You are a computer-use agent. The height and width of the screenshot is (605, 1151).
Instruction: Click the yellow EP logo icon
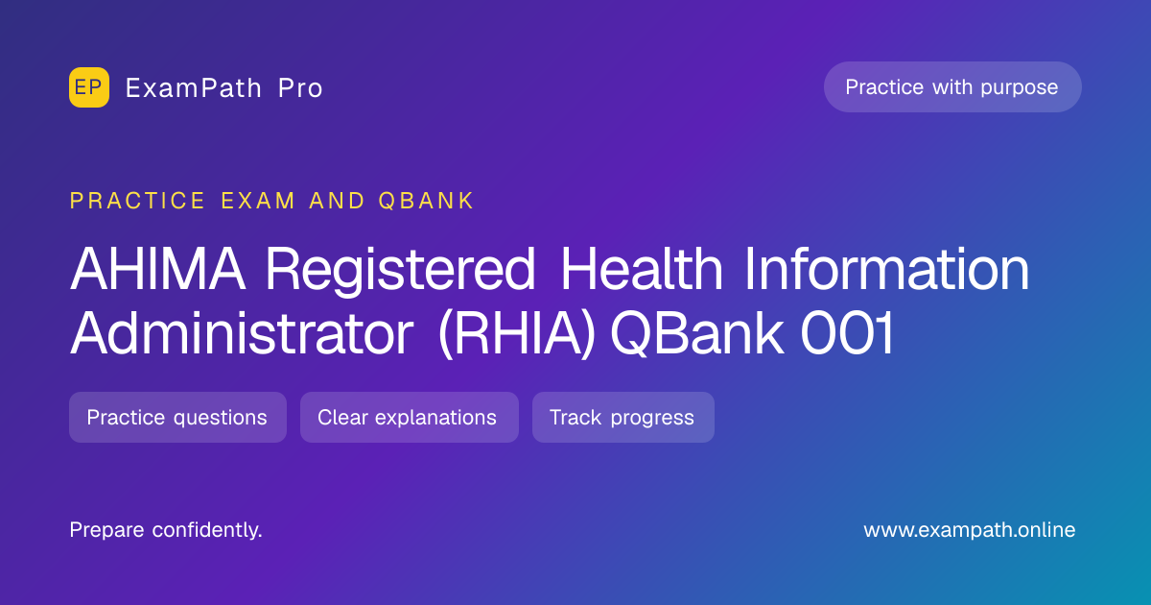[x=89, y=87]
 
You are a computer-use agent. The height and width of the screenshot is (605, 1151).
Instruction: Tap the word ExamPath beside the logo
[x=194, y=88]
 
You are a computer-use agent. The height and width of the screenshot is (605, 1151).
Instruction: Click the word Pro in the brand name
[x=300, y=88]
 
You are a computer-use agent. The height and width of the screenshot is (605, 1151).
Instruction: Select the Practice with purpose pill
[x=952, y=87]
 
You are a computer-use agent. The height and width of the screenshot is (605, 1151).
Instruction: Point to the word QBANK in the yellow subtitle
[x=426, y=201]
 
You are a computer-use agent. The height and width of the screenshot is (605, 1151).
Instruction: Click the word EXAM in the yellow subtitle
[x=258, y=201]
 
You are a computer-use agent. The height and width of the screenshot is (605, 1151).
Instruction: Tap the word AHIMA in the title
[x=157, y=269]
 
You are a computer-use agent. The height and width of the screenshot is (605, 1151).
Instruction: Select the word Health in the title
[x=642, y=268]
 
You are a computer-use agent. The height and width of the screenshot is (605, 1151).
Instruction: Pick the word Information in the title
[x=887, y=268]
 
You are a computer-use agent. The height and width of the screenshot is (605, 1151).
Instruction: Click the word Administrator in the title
[x=242, y=332]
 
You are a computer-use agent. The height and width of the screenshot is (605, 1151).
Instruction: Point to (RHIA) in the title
[x=517, y=333]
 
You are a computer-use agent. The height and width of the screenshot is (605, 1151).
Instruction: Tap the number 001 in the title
[x=847, y=333]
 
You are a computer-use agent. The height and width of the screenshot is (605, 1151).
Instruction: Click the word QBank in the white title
[x=697, y=333]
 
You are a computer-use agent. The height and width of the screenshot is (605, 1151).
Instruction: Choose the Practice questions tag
[x=177, y=417]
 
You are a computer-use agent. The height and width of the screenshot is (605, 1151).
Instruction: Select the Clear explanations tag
[x=410, y=417]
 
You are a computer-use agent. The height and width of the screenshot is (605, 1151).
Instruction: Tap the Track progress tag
[x=623, y=417]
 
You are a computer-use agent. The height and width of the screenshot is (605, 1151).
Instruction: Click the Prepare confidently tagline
[x=166, y=530]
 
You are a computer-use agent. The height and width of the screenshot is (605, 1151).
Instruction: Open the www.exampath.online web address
[x=969, y=530]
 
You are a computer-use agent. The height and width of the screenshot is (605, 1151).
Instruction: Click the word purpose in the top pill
[x=1020, y=88]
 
